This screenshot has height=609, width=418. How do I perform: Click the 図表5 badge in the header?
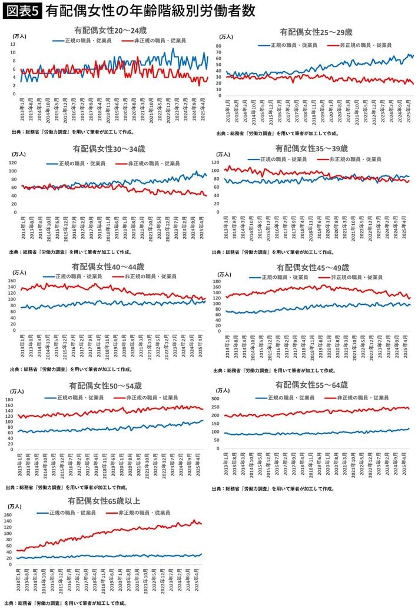pyautogui.click(x=22, y=11)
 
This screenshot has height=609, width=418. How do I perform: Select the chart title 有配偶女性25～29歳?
pyautogui.click(x=316, y=32)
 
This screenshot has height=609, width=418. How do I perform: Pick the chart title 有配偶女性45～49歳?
pyautogui.click(x=313, y=267)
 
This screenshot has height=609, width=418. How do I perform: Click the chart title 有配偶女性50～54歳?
pyautogui.click(x=105, y=385)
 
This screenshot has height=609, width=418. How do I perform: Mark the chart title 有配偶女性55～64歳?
pyautogui.click(x=311, y=385)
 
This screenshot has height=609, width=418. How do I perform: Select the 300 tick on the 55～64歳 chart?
pyautogui.click(x=215, y=400)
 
